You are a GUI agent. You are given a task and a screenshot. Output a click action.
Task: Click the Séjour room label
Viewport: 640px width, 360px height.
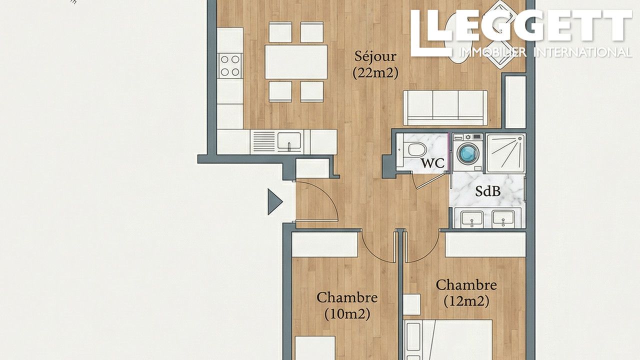[375, 57]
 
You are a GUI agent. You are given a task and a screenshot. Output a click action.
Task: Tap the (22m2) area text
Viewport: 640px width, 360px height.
[375, 73]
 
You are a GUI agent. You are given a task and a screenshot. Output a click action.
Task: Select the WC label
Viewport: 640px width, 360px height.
[432, 163]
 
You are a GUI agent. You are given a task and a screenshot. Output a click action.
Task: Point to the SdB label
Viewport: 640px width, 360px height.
[487, 191]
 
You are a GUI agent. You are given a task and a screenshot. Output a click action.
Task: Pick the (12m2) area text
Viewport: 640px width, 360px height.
[466, 301]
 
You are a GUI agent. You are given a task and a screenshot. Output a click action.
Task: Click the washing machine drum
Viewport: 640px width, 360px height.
[467, 153]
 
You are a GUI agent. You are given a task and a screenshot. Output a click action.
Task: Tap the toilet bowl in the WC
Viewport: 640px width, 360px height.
[417, 149]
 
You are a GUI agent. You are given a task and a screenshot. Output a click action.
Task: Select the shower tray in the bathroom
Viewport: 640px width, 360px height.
[505, 153]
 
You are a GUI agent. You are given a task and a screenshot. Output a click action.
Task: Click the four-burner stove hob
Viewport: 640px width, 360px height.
[230, 65]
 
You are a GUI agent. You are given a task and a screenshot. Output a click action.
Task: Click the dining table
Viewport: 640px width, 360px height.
[296, 62]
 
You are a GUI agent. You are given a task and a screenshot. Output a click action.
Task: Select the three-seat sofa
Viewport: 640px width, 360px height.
[445, 107]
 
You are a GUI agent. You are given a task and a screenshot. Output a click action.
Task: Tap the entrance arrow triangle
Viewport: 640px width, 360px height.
[274, 201]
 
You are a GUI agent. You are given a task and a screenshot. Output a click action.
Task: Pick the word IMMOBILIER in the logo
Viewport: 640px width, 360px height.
[492, 52]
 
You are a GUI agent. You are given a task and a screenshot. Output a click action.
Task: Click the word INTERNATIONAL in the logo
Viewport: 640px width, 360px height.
[583, 52]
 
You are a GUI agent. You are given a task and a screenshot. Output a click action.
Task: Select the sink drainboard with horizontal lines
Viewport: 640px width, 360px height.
[263, 141]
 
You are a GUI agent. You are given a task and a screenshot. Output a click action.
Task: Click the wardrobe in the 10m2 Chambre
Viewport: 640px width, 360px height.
[325, 244]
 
